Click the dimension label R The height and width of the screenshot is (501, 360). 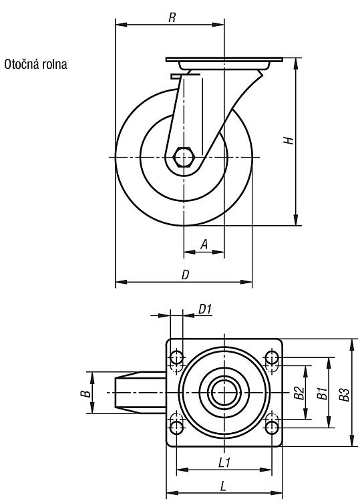[x=172, y=17]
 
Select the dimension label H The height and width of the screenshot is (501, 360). [x=289, y=140]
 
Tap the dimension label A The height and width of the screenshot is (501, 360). [x=204, y=244]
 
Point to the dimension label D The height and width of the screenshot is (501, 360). [x=186, y=275]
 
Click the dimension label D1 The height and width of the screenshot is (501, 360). [x=205, y=309]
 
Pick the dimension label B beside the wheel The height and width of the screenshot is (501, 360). [x=85, y=393]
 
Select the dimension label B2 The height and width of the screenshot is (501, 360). [x=299, y=393]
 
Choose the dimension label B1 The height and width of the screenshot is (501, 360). [x=322, y=393]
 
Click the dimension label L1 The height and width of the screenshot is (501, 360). [x=224, y=463]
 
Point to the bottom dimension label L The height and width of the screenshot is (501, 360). [x=223, y=486]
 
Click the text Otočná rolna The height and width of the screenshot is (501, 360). [x=35, y=64]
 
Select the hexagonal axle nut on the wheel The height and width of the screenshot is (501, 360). [x=184, y=157]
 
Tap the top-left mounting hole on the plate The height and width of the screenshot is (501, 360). [x=176, y=357]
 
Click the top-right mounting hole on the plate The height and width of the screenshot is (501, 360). [x=272, y=357]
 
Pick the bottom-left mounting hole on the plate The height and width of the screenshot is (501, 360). [x=176, y=428]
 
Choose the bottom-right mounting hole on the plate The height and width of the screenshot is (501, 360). [x=272, y=428]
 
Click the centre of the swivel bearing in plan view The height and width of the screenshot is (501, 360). [x=224, y=392]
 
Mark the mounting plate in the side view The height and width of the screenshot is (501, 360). [x=224, y=59]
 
